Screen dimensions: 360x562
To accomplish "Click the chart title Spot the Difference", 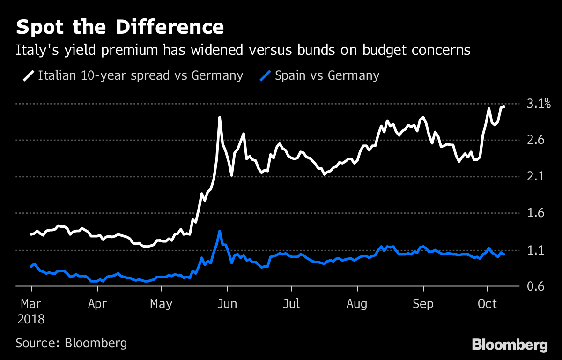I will click(x=120, y=27).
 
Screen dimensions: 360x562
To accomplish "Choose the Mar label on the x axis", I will click(x=31, y=304).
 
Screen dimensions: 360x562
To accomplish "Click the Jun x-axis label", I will click(x=227, y=304).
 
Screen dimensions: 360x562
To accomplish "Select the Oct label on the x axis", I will click(x=487, y=304).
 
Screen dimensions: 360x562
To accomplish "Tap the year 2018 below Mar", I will click(x=31, y=319).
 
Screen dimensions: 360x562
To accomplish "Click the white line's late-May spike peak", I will click(x=219, y=117).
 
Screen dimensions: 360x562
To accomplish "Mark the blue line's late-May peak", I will click(x=219, y=231).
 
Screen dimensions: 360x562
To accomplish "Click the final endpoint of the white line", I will click(x=503, y=107).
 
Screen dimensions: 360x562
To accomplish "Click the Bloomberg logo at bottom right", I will click(x=510, y=345).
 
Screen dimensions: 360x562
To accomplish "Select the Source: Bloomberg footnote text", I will click(x=71, y=343).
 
